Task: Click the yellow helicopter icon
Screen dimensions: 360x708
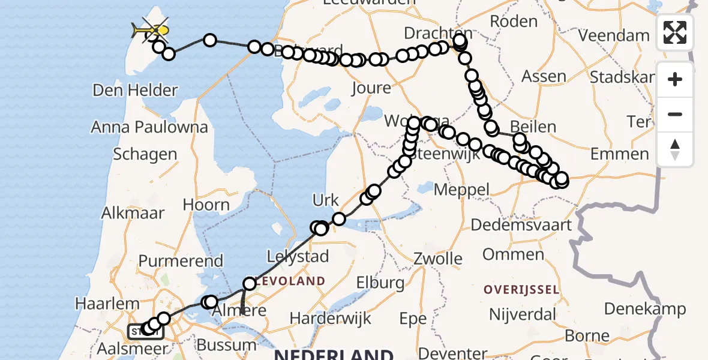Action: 150,29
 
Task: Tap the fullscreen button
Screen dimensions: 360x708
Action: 675,32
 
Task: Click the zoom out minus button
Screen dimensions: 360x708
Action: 675,114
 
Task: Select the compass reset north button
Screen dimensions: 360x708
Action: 675,149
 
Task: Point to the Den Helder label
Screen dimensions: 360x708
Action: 135,91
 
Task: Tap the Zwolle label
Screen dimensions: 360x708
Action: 438,259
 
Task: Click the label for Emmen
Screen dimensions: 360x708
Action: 620,154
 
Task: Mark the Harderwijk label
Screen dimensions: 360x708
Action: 332,318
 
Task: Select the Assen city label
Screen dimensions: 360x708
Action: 544,76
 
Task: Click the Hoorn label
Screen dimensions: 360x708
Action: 206,205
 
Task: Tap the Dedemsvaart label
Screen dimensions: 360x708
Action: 521,226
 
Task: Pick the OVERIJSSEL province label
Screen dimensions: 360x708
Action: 522,290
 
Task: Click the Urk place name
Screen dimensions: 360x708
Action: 326,200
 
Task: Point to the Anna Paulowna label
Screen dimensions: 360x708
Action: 149,127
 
